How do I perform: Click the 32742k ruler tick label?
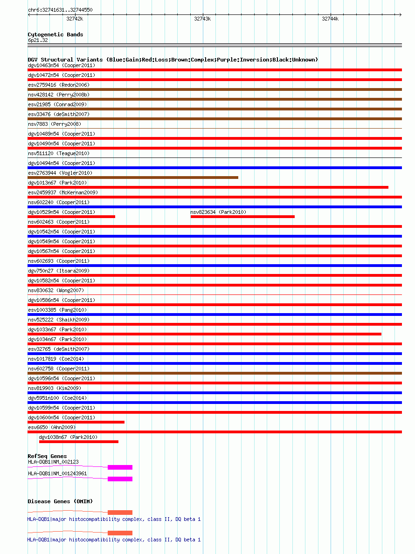(75, 19)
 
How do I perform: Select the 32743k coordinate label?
(202, 19)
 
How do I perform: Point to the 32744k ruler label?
(330, 19)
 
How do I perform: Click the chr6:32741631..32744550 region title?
(60, 10)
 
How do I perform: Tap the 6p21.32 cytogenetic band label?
(38, 41)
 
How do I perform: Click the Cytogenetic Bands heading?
(55, 34)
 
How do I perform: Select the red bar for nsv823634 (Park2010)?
(242, 217)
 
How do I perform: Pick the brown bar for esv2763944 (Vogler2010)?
(133, 178)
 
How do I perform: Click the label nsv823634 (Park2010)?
(218, 212)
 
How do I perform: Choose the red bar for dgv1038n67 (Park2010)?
(78, 442)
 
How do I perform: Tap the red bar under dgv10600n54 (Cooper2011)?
(76, 422)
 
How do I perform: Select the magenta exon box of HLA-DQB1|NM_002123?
(120, 467)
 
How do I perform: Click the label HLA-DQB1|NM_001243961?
(57, 473)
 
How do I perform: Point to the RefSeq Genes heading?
(47, 456)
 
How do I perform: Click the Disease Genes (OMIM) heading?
(60, 501)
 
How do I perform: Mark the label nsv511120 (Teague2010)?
(59, 153)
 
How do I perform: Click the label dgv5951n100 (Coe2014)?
(57, 398)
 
